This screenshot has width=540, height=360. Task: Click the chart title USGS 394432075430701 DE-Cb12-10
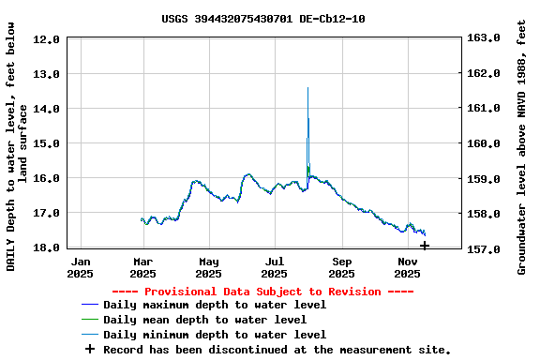[x=263, y=19]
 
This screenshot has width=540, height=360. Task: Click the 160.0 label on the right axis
[x=486, y=143]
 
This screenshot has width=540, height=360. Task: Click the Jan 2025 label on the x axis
[x=82, y=268]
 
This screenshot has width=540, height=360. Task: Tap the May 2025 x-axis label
[x=209, y=268]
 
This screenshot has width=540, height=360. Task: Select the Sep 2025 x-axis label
[x=342, y=268]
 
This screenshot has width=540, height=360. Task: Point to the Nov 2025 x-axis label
[x=408, y=268]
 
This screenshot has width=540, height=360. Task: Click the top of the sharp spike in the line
[x=307, y=88]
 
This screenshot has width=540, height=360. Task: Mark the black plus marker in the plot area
[x=425, y=246]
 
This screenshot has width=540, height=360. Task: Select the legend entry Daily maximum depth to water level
[x=215, y=305]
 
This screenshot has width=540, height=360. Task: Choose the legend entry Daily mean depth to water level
[x=204, y=320]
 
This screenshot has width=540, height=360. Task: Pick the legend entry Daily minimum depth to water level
[x=215, y=335]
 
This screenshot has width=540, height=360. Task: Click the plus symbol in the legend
[x=90, y=349]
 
